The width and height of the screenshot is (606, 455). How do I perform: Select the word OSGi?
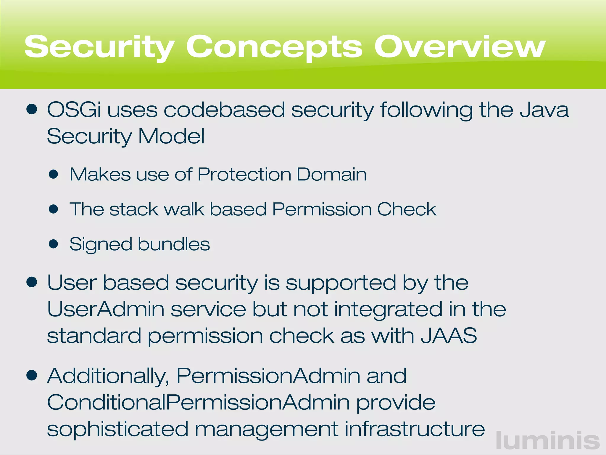point(74,110)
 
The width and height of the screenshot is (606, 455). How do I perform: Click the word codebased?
point(224,110)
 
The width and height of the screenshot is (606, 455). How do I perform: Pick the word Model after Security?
point(171,136)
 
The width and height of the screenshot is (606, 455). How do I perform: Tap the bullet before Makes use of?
point(54,174)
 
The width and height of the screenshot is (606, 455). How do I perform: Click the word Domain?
point(331,174)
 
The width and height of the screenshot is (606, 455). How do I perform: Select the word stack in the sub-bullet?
point(134,209)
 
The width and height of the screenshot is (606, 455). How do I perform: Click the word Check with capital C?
point(407,209)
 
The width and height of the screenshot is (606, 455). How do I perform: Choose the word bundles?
point(174,244)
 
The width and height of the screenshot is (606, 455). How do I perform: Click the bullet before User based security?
point(32,282)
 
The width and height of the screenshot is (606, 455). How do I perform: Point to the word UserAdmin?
point(106,309)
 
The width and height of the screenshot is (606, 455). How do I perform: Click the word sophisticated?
point(117,429)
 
